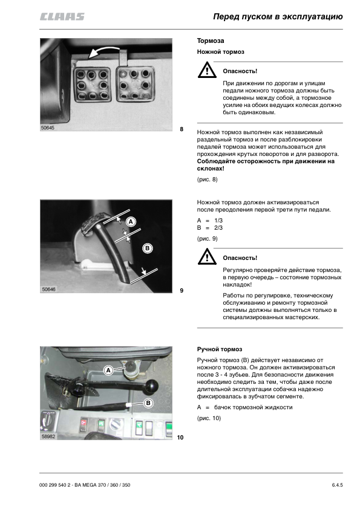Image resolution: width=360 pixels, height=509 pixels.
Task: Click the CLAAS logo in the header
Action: [62, 16]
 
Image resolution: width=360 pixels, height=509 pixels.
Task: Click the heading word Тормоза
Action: [210, 41]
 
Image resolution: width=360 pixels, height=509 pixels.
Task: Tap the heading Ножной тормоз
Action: [220, 52]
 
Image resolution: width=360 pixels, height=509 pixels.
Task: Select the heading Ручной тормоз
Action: [219, 349]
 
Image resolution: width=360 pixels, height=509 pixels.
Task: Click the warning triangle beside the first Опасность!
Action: [207, 70]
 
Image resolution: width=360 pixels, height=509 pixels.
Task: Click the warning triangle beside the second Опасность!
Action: [207, 257]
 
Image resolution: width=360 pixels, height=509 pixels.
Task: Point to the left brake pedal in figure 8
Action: [93, 85]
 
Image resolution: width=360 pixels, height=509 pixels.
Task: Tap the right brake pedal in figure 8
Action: [134, 84]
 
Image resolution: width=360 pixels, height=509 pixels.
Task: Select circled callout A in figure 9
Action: [131, 222]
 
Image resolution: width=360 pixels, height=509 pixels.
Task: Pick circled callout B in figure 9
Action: [147, 248]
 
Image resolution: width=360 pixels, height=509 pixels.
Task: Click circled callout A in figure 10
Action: [108, 371]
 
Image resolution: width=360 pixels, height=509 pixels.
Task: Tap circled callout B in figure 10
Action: [148, 403]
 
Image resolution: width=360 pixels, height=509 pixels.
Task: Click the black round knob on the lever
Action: [152, 386]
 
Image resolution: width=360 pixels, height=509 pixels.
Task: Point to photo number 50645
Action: [47, 128]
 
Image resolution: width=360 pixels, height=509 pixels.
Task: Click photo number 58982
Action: [48, 436]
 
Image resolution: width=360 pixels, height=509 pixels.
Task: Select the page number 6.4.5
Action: [337, 485]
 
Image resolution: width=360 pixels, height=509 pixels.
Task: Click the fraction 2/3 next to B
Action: [218, 228]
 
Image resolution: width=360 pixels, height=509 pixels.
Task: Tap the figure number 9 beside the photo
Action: [182, 291]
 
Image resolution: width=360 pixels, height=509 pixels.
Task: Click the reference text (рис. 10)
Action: [209, 418]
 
